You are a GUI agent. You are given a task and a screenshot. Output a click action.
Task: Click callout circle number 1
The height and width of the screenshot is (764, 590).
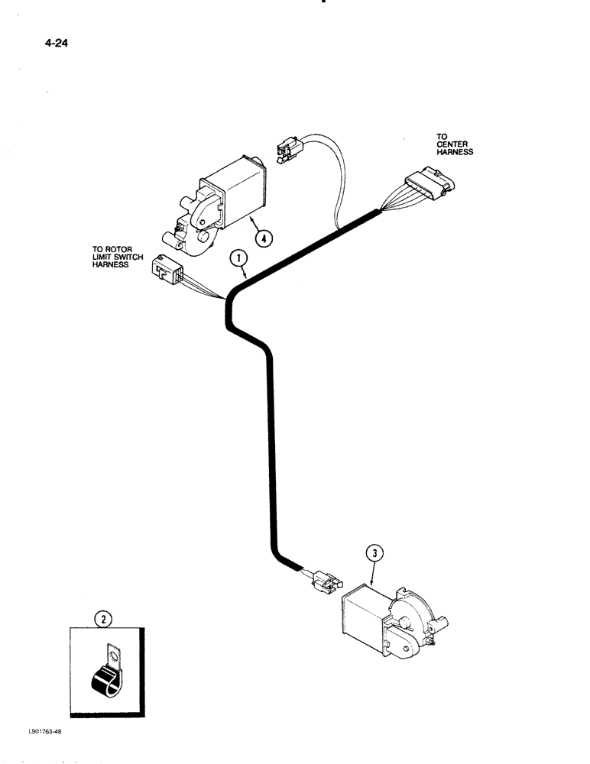point(241,260)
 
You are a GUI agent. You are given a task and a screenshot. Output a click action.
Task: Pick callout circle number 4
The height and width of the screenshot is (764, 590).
point(262,238)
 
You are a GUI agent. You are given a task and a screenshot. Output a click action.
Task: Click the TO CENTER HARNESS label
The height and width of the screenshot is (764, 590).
point(454,144)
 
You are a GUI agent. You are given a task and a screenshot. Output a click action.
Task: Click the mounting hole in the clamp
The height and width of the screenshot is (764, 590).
point(115,655)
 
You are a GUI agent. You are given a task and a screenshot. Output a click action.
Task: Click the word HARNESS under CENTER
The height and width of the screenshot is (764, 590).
point(455,152)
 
